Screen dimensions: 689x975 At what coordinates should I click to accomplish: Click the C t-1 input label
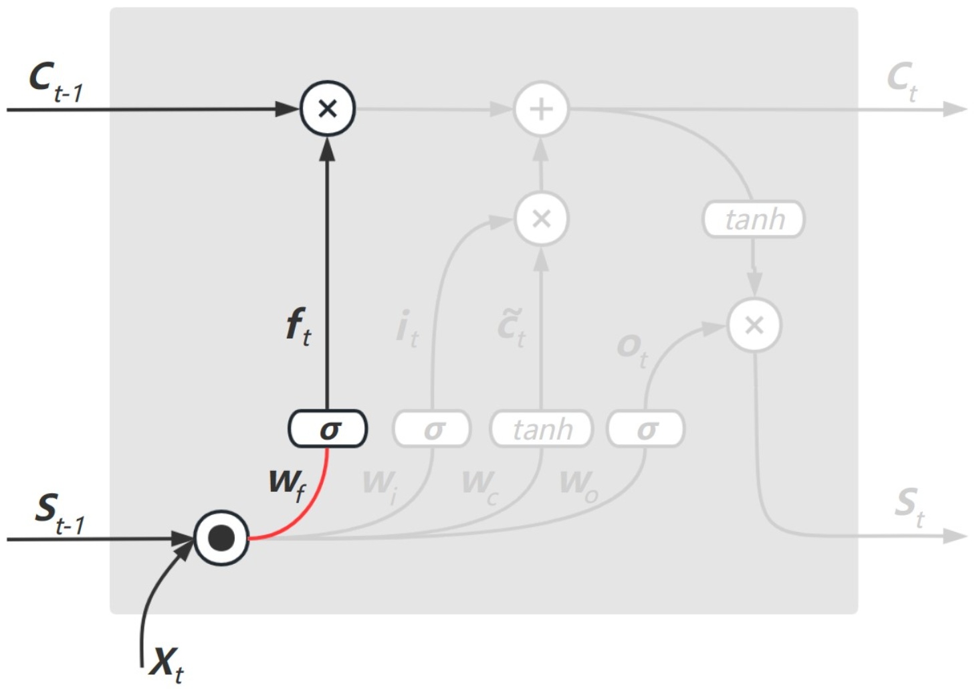coord(56,82)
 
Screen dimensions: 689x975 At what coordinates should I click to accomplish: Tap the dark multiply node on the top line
coord(327,108)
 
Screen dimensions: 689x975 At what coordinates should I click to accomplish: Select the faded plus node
coord(541,108)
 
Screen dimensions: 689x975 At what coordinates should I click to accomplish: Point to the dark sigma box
coord(328,429)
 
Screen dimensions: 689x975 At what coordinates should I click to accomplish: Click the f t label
coord(298,326)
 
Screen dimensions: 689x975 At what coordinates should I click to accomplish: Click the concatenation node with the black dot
coord(221,538)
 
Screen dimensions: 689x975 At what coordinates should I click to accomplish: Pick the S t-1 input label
coord(60,513)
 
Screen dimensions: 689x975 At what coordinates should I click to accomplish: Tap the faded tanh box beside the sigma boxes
coord(542,429)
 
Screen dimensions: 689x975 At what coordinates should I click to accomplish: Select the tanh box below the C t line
coord(754,219)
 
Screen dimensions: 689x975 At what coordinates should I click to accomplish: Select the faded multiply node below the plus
coord(541,219)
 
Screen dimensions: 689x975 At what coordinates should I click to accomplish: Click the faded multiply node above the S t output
coord(754,325)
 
